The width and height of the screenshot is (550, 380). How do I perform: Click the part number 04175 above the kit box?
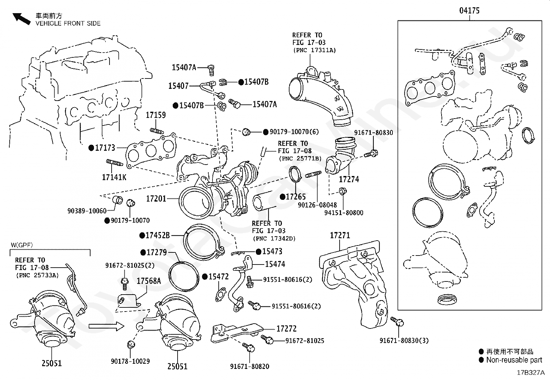click(469, 11)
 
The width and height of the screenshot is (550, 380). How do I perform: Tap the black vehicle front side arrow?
click(21, 19)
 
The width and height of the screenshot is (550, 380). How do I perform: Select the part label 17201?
click(156, 198)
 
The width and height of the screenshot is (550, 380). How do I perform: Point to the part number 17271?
click(340, 235)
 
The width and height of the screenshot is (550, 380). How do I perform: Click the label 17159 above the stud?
click(156, 115)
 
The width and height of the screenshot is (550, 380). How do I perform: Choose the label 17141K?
click(114, 177)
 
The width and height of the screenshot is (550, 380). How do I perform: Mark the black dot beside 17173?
click(91, 148)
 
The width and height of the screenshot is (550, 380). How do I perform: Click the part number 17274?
click(349, 179)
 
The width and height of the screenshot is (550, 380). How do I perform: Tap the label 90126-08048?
click(317, 205)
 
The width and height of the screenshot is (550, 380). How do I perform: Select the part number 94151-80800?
click(344, 213)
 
